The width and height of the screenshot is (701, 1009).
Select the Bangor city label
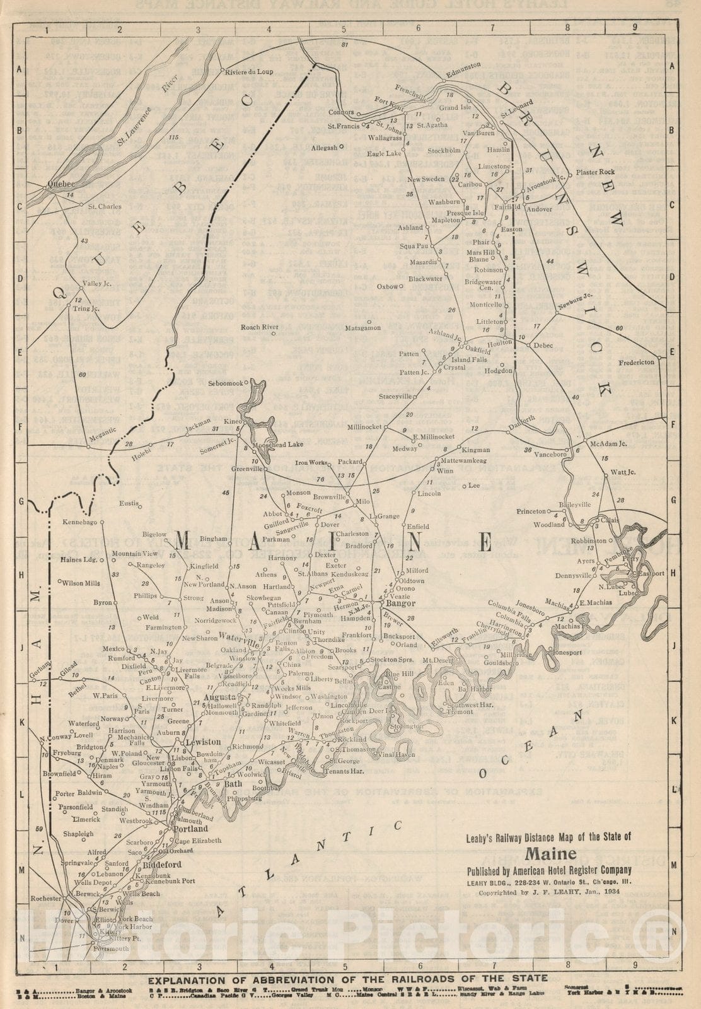[401, 603]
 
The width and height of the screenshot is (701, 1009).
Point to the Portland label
[190, 830]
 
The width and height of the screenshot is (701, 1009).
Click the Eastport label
[651, 574]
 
